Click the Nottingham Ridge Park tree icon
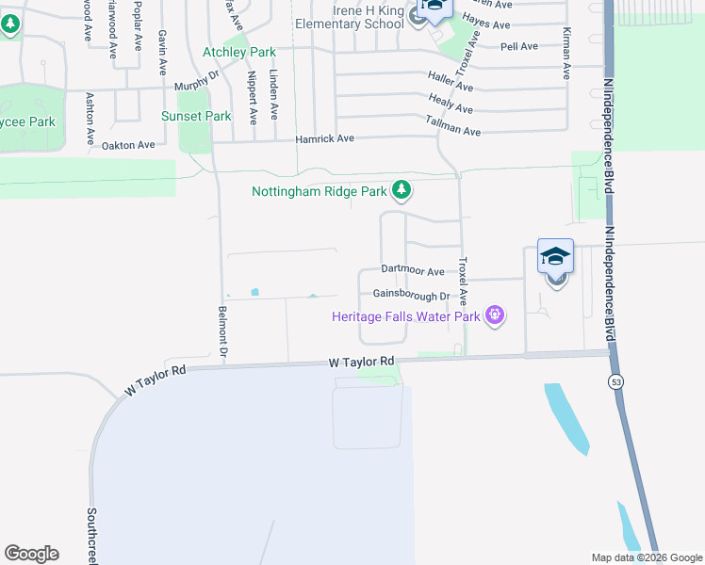click(x=402, y=191)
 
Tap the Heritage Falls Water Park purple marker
click(x=493, y=315)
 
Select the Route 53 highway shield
click(x=615, y=381)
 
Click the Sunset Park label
click(x=196, y=117)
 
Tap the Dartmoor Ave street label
click(x=412, y=271)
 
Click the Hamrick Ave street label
click(x=324, y=138)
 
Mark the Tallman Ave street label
click(x=453, y=125)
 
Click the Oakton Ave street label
click(x=127, y=145)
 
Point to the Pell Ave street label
click(x=519, y=46)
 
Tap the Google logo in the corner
click(x=31, y=554)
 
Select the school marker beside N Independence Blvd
click(x=555, y=256)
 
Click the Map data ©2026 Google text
click(x=646, y=557)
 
